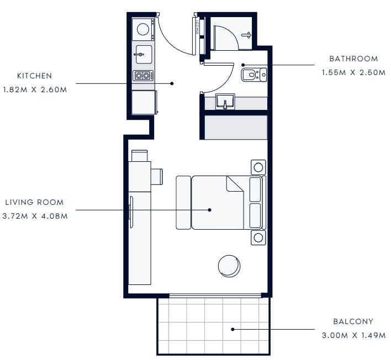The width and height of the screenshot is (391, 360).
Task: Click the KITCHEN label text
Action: [x=34, y=76]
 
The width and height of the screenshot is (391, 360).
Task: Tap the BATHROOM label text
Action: [x=353, y=59]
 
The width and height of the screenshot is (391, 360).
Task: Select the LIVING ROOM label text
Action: [x=34, y=202]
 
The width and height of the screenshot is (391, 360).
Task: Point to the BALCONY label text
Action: [x=353, y=321]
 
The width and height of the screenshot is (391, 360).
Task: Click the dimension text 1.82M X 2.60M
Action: [x=35, y=89]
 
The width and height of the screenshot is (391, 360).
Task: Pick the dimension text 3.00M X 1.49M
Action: [x=353, y=335]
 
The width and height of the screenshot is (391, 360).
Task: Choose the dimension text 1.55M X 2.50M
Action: [x=353, y=72]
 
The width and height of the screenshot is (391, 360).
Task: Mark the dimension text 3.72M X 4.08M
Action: [x=35, y=216]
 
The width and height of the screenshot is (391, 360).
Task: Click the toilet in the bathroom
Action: [x=254, y=75]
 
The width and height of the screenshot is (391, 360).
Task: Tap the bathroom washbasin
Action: [x=225, y=101]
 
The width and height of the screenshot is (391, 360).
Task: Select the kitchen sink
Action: [x=144, y=54]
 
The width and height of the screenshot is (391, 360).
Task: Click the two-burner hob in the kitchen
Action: [x=142, y=75]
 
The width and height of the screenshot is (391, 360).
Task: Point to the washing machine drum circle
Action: [x=143, y=29]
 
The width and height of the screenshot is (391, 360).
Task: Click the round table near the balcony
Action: [x=229, y=266]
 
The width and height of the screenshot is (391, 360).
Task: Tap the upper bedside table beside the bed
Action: [x=258, y=167]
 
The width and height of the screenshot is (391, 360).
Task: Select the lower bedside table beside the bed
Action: [x=258, y=237]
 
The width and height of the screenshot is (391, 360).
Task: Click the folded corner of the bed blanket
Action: [x=235, y=184]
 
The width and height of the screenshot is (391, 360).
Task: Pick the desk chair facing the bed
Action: [x=157, y=177]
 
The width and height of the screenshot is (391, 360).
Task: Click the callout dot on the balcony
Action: [x=233, y=329]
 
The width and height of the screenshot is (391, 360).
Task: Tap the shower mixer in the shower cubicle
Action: [x=247, y=35]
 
